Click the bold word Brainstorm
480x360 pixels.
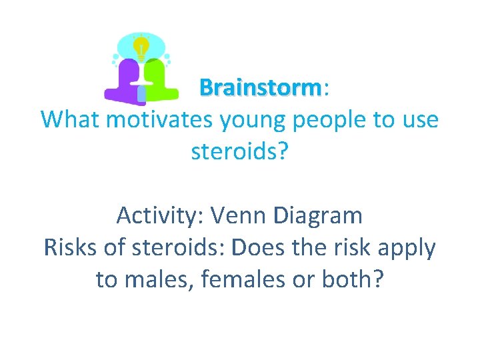(260, 88)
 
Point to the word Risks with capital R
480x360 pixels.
(70, 247)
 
